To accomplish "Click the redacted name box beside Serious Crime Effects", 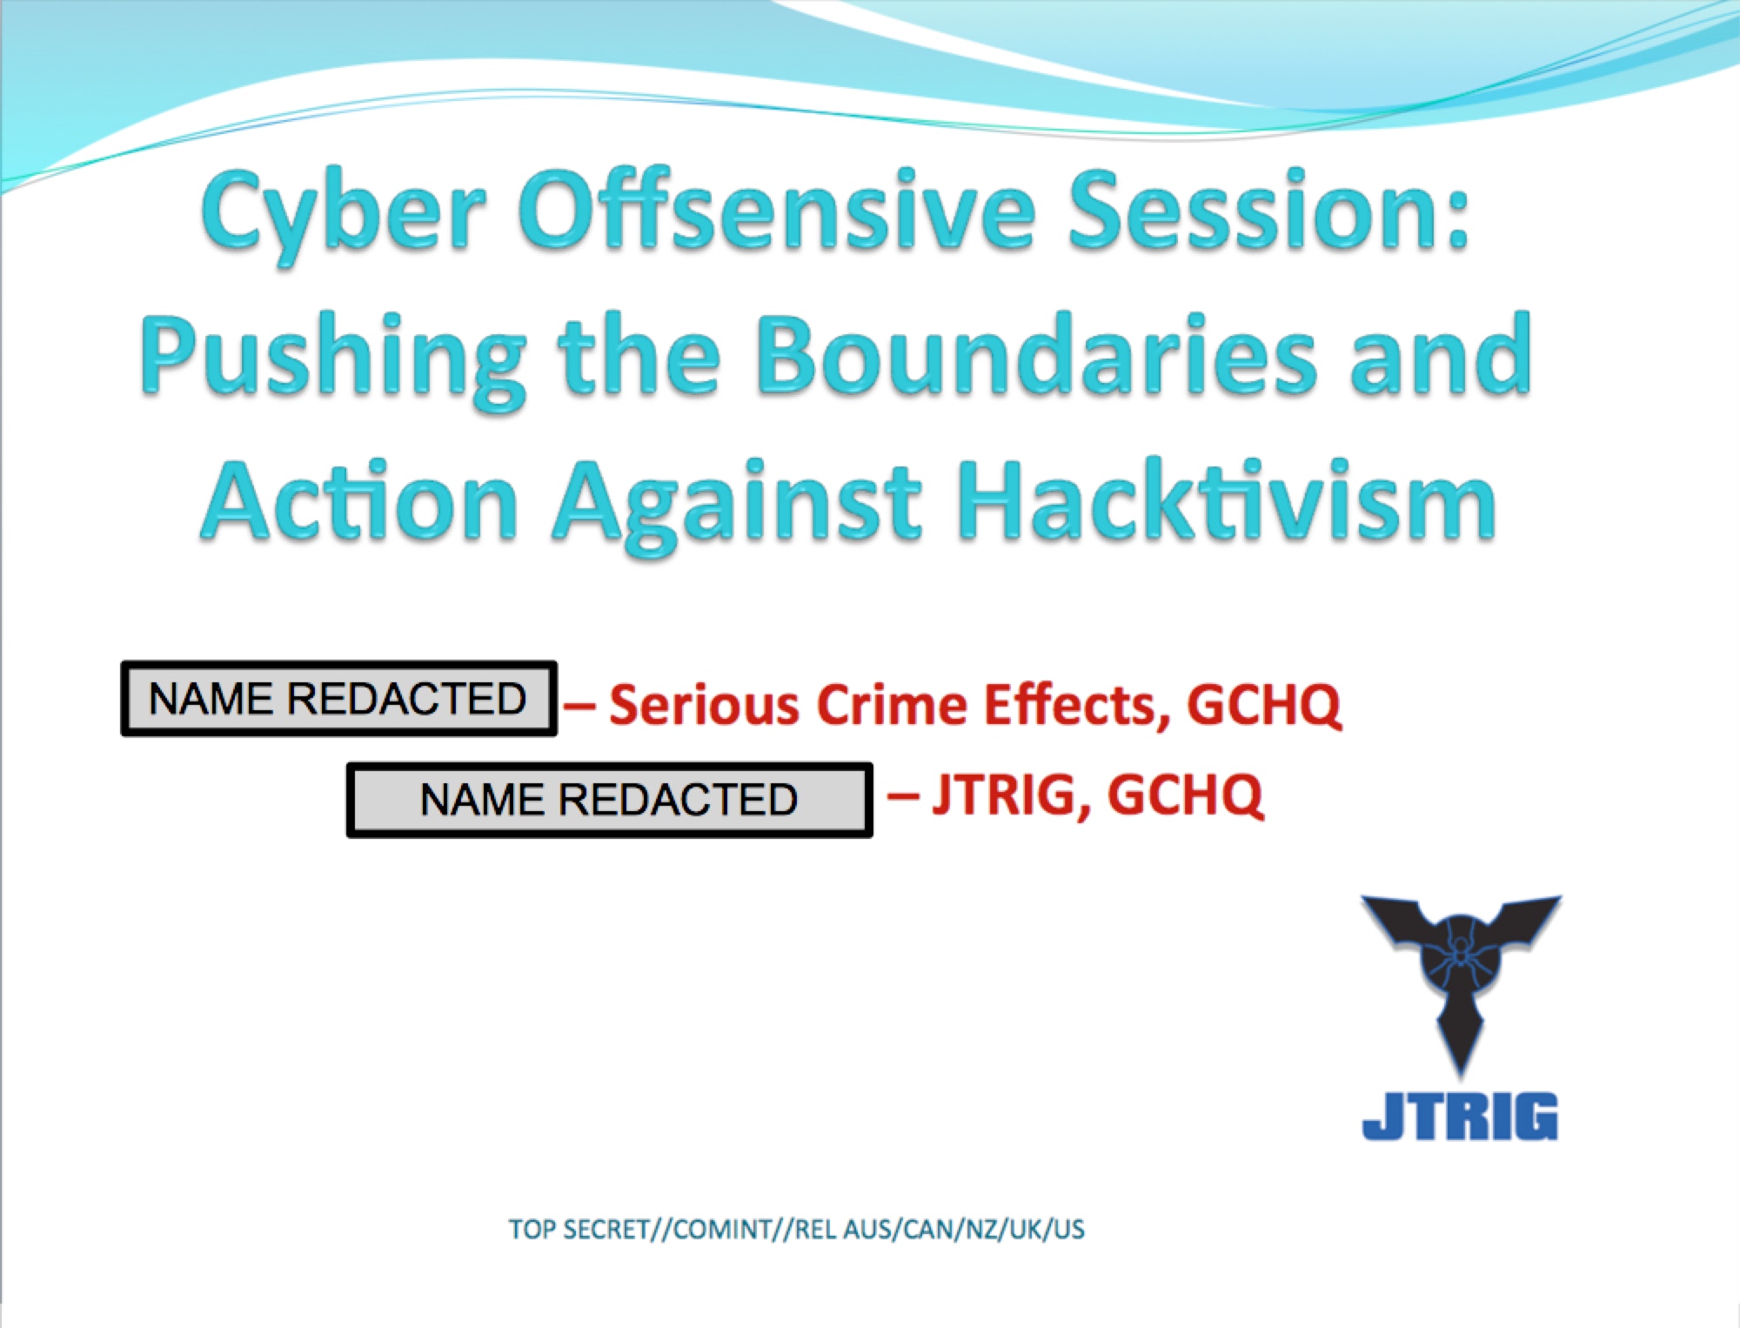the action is click(x=338, y=698).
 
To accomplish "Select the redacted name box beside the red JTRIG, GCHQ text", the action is click(x=609, y=800).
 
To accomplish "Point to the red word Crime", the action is click(x=892, y=704).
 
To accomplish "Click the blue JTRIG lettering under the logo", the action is click(x=1460, y=1116).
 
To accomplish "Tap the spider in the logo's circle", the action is click(x=1461, y=956).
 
